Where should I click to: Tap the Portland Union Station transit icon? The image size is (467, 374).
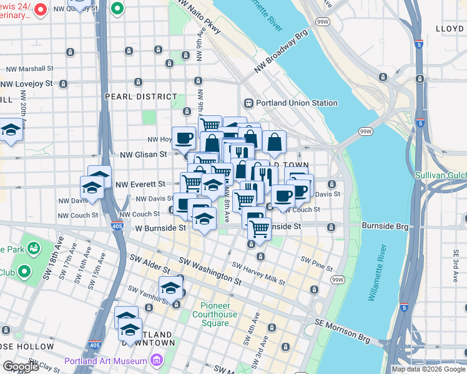click(x=248, y=103)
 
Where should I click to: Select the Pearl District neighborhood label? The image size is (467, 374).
click(x=141, y=97)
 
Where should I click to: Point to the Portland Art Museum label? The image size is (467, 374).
click(x=106, y=361)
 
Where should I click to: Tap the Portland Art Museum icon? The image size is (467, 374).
click(x=156, y=361)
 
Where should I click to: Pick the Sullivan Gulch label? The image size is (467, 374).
click(x=441, y=175)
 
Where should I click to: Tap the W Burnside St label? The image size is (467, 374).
click(x=160, y=228)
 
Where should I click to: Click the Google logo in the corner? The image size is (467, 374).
click(x=21, y=367)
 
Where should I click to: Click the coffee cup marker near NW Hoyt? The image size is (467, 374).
click(x=184, y=137)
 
